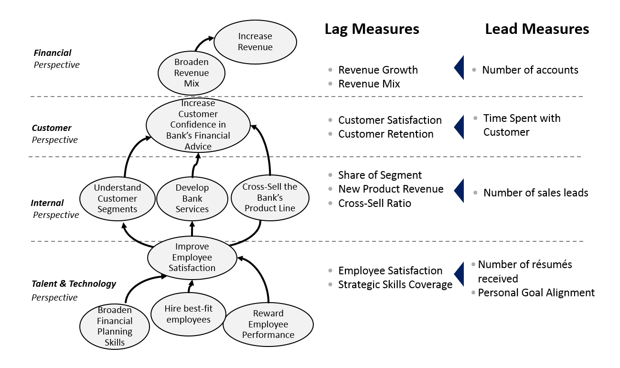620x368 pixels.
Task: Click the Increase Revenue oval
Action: coord(255,42)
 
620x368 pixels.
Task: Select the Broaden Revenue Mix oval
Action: coord(191,73)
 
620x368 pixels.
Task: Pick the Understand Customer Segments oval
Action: coord(117,198)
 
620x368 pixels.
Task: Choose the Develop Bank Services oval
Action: coord(192,198)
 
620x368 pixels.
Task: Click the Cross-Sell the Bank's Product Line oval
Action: coord(270,197)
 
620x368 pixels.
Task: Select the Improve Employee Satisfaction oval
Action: coord(192,258)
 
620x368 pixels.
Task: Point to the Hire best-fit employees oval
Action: coord(188,314)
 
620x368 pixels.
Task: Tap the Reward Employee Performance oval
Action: coord(268,324)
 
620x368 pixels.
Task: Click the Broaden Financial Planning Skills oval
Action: coord(115,326)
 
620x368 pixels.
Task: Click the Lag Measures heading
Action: coord(372,29)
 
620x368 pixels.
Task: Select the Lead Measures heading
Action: coord(537,29)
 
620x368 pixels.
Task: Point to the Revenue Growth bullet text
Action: coord(378,70)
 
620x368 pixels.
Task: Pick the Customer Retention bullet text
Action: coord(385,134)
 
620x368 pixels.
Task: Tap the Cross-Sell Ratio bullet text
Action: coord(374,204)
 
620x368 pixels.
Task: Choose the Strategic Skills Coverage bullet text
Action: coord(395,285)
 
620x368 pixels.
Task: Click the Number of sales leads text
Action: coord(535,193)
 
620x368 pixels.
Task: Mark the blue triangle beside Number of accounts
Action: coord(459,68)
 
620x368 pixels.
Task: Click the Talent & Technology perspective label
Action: coord(74,284)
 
